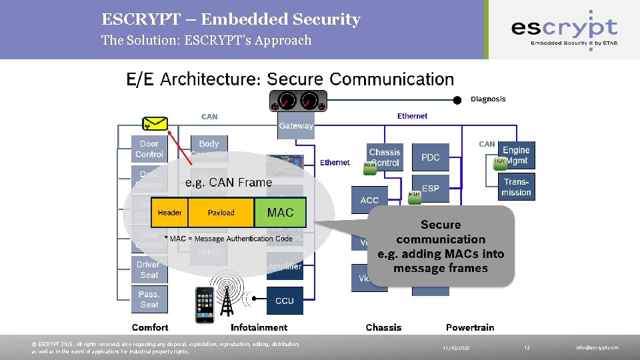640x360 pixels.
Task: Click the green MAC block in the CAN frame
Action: point(280,213)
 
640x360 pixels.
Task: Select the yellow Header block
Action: point(169,213)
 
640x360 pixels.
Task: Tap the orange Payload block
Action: point(221,213)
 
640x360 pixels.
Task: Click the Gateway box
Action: point(296,125)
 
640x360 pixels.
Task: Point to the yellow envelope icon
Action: point(155,123)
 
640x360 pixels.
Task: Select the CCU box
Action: point(285,301)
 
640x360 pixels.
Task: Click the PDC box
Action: point(431,157)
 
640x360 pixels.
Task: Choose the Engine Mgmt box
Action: point(516,156)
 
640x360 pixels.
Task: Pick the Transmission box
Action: point(517,187)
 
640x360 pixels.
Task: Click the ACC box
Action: point(369,200)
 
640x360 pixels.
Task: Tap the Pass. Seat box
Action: point(149,299)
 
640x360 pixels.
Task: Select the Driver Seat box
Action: point(149,269)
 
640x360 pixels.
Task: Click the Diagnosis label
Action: point(488,99)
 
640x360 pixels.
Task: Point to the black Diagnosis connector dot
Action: point(457,100)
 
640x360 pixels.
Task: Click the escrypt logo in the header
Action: point(564,29)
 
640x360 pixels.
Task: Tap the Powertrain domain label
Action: point(471,327)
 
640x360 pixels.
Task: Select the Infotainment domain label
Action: point(259,327)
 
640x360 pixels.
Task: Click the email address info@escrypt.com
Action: point(597,347)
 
